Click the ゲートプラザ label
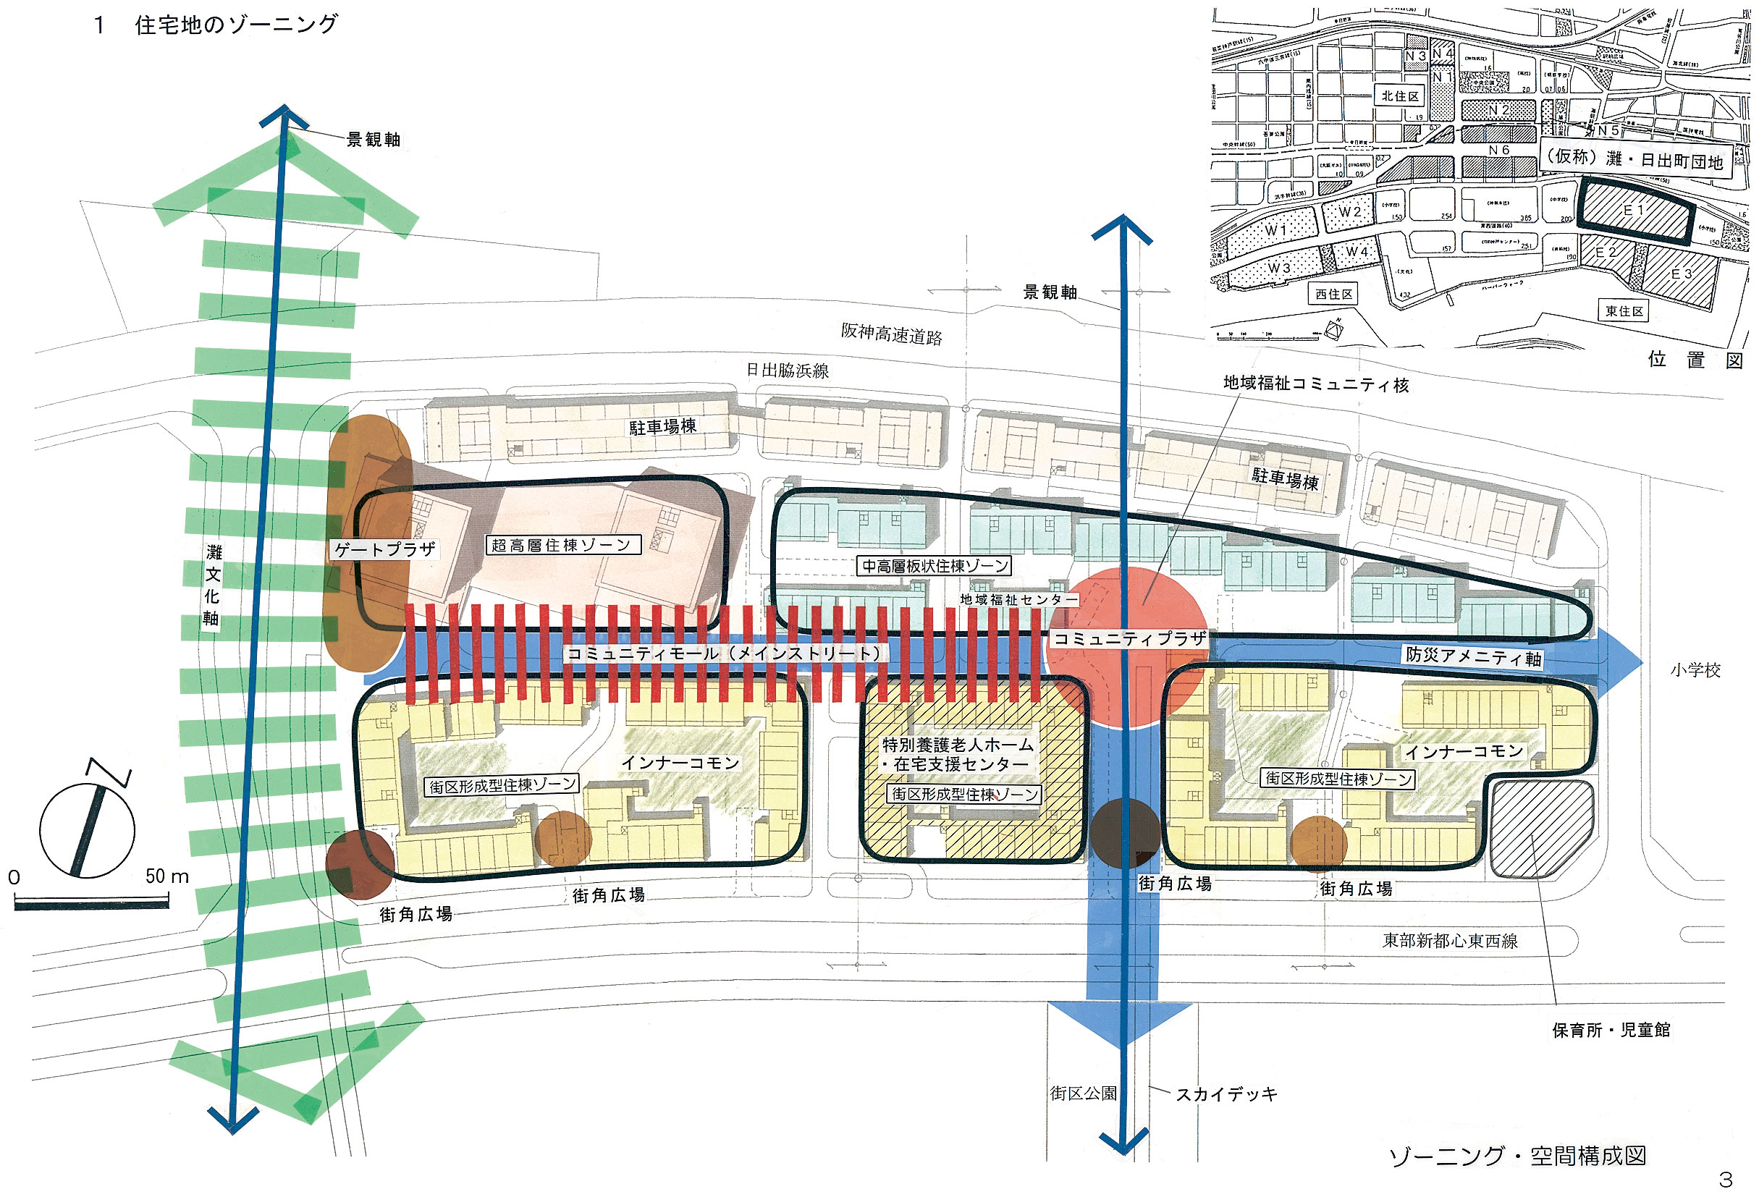[384, 549]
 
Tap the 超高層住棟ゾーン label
[562, 545]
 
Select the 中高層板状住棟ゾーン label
[935, 566]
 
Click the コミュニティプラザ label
[1129, 638]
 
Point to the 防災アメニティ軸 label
[1473, 656]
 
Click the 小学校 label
[1695, 670]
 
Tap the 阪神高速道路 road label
[891, 334]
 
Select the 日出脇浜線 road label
[787, 370]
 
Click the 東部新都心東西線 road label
[1450, 941]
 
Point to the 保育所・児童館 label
[1611, 1030]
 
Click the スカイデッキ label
[1226, 1094]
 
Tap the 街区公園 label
[1083, 1094]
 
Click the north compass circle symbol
[87, 831]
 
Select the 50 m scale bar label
[166, 876]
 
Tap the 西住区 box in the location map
[1333, 294]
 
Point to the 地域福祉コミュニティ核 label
[1315, 384]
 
